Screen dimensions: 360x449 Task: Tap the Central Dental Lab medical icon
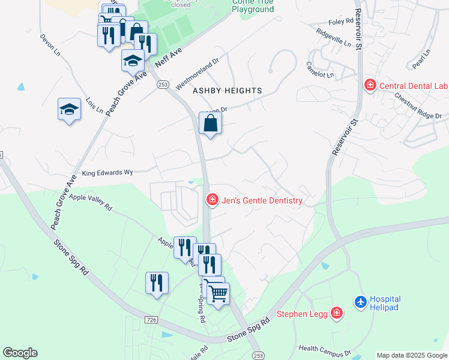tap(370, 85)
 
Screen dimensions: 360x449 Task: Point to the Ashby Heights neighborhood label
tap(227, 91)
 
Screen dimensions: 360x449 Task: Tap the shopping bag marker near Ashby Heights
tap(210, 124)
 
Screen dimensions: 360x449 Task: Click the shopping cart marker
tap(218, 293)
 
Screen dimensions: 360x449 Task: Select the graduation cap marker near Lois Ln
tap(70, 110)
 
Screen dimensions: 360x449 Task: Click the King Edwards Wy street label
tap(107, 173)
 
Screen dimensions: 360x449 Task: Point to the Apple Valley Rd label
tap(91, 201)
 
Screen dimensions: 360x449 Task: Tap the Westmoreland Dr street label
tap(197, 74)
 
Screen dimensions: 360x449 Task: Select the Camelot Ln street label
tap(320, 70)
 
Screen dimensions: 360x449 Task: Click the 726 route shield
tap(152, 320)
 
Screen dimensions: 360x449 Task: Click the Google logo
tap(20, 353)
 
